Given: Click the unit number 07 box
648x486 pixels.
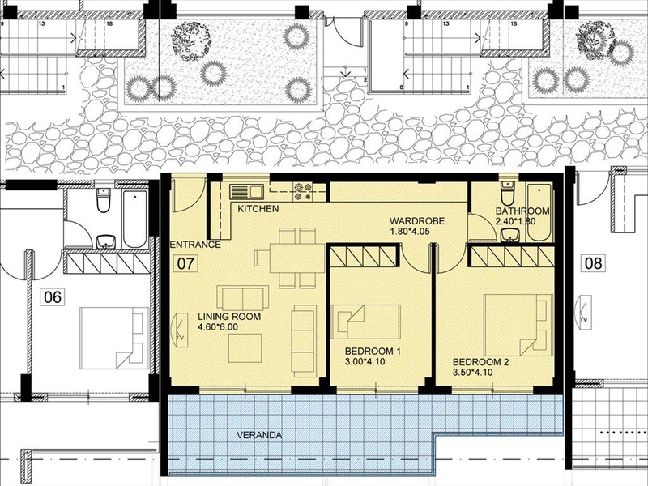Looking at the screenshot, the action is pos(185,263).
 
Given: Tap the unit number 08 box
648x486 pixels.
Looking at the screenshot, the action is pos(594,263).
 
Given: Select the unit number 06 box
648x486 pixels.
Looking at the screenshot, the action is pos(53,297).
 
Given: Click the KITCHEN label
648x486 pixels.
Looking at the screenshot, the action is pos(258,209).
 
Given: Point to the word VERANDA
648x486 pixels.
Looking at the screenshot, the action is pos(259,435).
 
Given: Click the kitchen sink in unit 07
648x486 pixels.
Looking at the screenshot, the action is pos(247,192).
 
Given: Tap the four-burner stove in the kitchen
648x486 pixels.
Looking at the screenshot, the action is pos(303,192).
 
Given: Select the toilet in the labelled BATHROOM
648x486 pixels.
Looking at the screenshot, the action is pos(508,191).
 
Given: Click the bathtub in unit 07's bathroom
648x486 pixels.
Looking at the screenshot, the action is pos(539,213).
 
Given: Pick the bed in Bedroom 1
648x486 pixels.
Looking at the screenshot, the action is pos(366,322).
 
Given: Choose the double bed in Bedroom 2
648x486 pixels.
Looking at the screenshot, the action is pos(518,325).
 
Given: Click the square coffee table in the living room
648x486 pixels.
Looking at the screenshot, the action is pos(245,348).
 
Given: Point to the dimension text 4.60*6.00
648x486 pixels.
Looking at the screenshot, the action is pos(218,327).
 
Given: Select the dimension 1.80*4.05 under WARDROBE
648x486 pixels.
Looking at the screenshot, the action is pos(410,232).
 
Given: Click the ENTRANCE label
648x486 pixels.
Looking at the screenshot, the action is pos(195,245).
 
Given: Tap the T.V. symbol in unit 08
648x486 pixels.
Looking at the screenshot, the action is pos(585,312).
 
